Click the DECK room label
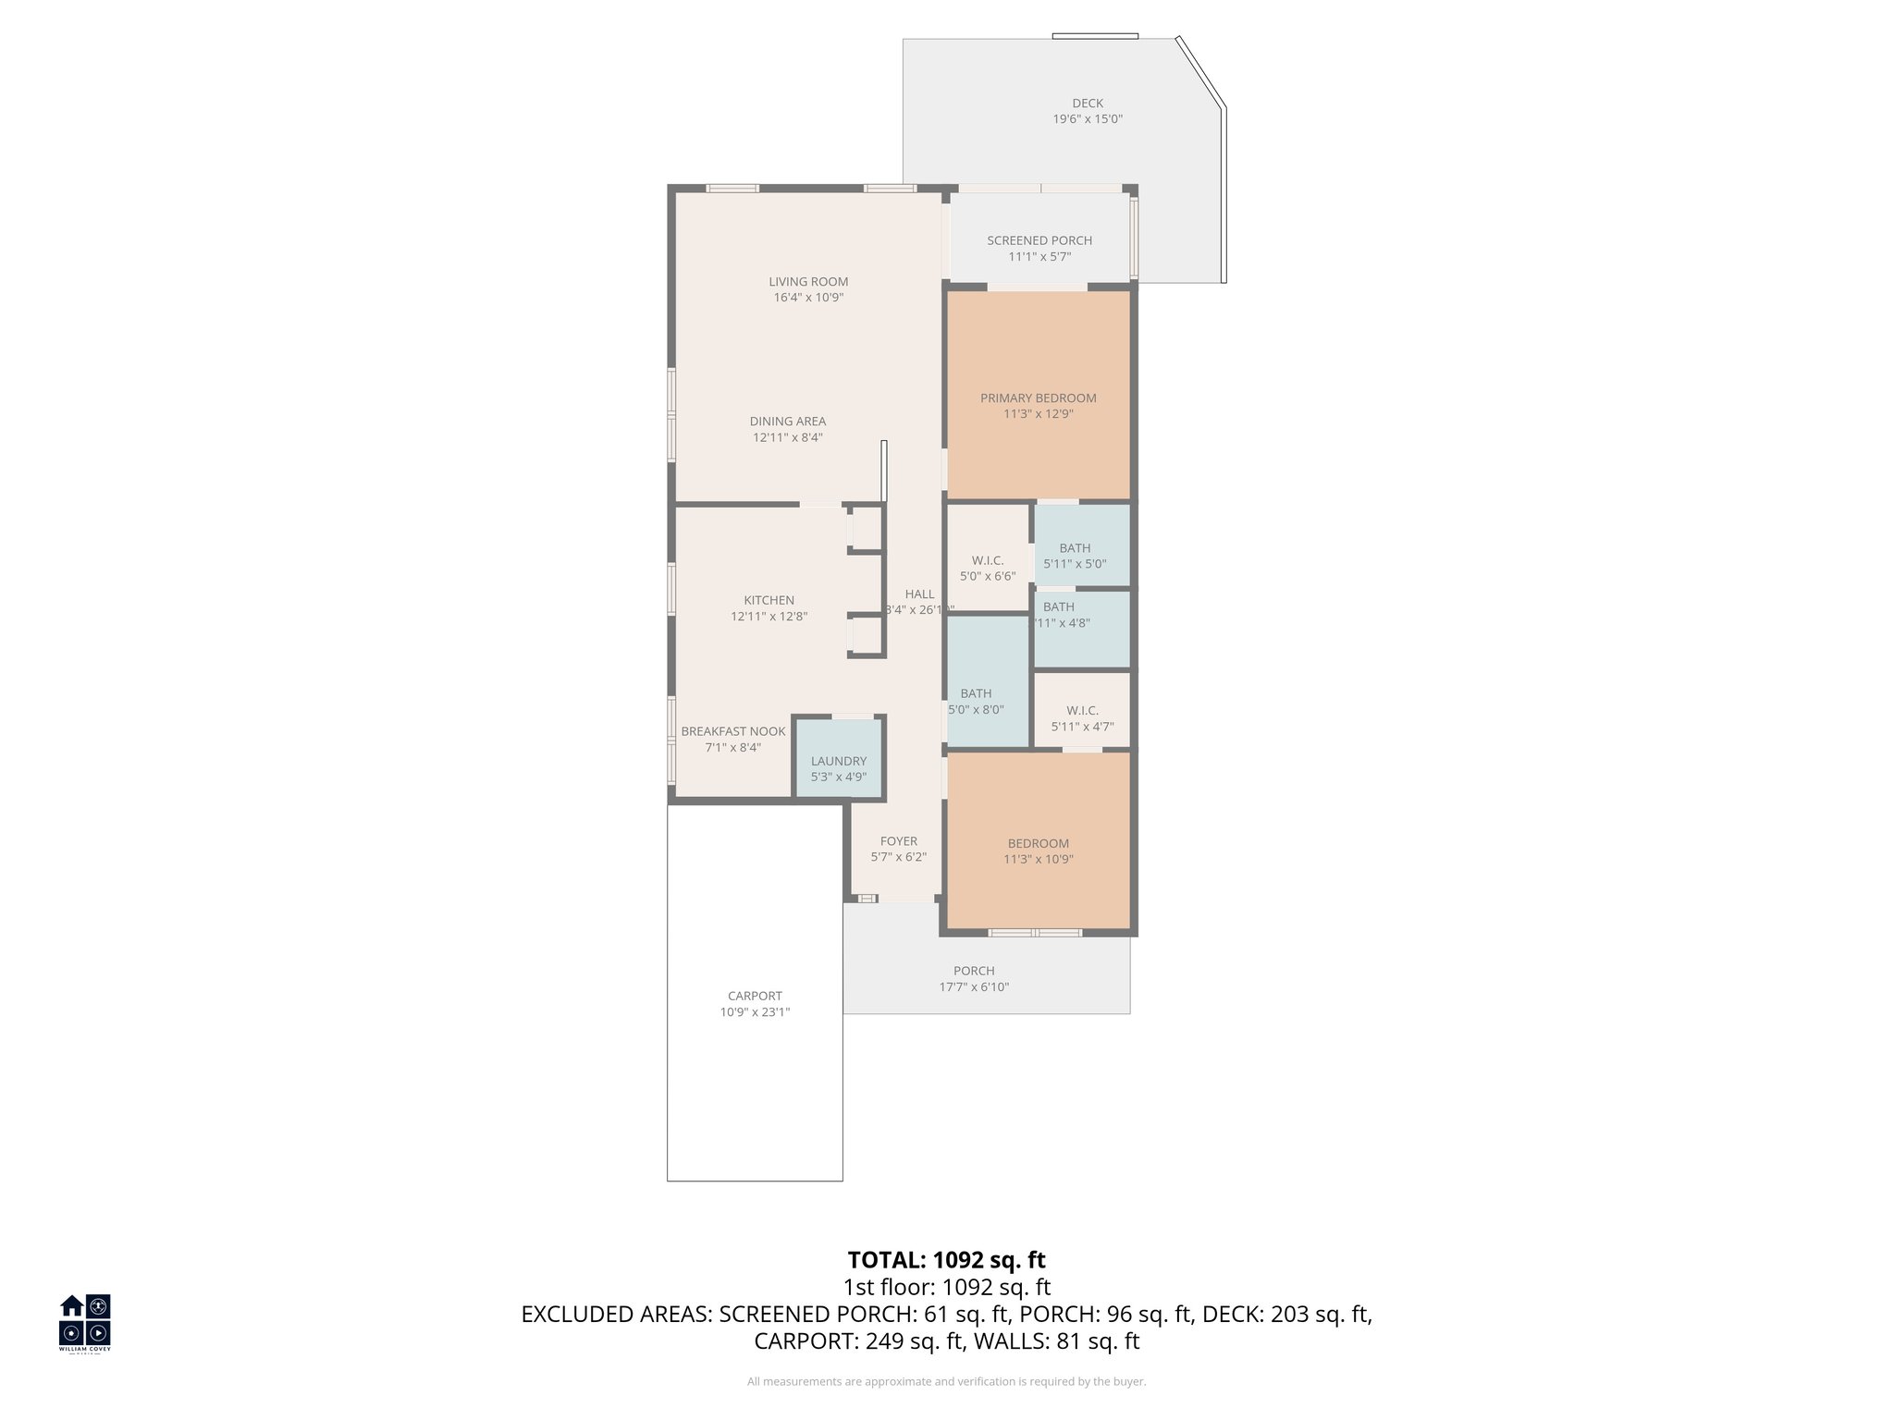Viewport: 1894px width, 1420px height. point(1088,104)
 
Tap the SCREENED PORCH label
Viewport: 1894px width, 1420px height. point(1039,240)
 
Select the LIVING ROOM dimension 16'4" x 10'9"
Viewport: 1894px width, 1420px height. point(808,298)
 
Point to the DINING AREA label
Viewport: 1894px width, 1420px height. point(788,422)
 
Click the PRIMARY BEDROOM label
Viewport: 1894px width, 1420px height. point(1039,398)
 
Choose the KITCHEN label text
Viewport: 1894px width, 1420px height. point(769,600)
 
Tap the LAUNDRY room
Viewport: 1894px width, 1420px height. point(839,768)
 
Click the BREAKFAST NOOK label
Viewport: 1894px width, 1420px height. point(733,731)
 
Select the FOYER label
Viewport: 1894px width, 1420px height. point(899,841)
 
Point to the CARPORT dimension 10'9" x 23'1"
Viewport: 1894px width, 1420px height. point(755,1012)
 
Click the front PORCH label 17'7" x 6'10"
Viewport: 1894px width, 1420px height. point(974,979)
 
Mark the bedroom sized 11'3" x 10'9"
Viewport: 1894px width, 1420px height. point(1039,851)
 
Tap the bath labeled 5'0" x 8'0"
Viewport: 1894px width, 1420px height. point(977,702)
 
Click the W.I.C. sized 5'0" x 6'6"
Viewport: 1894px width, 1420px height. point(988,569)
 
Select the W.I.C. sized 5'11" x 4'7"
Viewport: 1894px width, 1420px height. point(1082,718)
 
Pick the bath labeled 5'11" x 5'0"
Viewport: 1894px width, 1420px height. point(1075,556)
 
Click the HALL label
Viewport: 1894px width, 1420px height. point(919,594)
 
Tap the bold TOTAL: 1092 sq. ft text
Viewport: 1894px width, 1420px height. point(946,1260)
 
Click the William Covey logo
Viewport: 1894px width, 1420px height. point(85,1323)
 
